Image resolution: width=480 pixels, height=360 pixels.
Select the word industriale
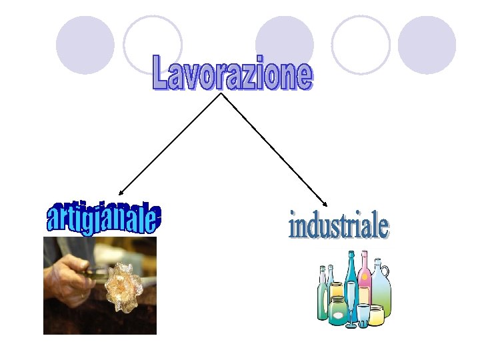[x=338, y=225]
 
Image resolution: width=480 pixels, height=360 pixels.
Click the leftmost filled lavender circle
[x=85, y=45]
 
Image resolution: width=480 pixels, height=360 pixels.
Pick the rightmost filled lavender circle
[x=427, y=45]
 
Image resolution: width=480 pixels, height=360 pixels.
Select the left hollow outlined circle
[x=153, y=45]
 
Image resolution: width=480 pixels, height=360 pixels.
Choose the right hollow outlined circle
[x=361, y=45]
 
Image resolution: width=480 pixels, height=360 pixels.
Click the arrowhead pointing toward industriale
[x=326, y=205]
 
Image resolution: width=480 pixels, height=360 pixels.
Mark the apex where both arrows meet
[x=221, y=94]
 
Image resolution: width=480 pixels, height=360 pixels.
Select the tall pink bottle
[x=365, y=280]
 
